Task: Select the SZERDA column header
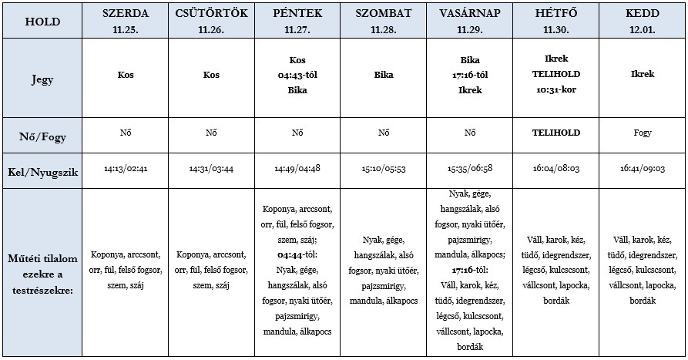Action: pyautogui.click(x=126, y=14)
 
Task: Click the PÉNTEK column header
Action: pyautogui.click(x=297, y=14)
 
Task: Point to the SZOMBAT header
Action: pyautogui.click(x=383, y=14)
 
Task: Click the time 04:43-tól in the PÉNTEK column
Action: pyautogui.click(x=297, y=76)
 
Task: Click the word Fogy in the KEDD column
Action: pyautogui.click(x=642, y=133)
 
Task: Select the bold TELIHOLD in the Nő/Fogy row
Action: pyautogui.click(x=555, y=133)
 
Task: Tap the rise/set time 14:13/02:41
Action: pyautogui.click(x=126, y=168)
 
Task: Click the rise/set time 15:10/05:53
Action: pyautogui.click(x=383, y=168)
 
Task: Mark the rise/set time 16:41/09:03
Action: pyautogui.click(x=642, y=168)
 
